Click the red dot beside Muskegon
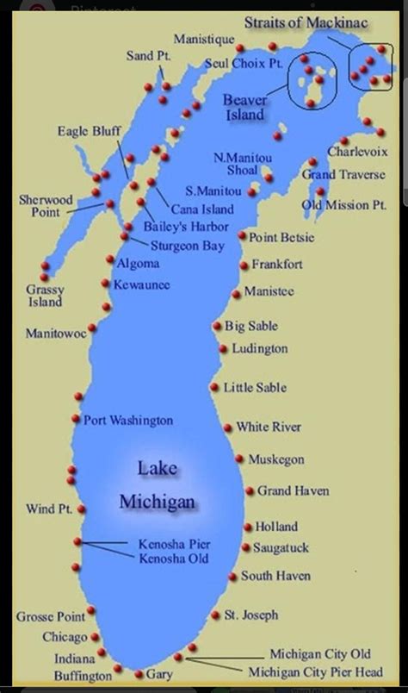pyautogui.click(x=240, y=459)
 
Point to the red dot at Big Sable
pyautogui.click(x=217, y=326)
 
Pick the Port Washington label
pyautogui.click(x=128, y=421)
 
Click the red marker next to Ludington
pyautogui.click(x=223, y=348)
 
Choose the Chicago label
pyautogui.click(x=65, y=637)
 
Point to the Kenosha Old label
pyautogui.click(x=174, y=559)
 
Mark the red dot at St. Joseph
pyautogui.click(x=215, y=615)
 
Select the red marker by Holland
pyautogui.click(x=248, y=526)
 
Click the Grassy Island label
pyautogui.click(x=44, y=296)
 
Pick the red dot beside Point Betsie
pyautogui.click(x=243, y=235)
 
